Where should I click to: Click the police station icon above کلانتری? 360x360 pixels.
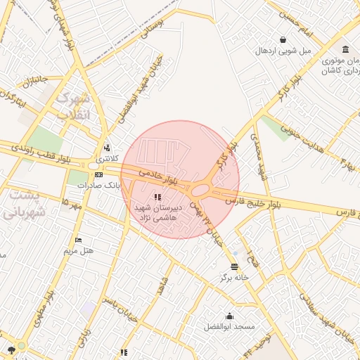[107, 148]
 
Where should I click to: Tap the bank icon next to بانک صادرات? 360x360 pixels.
[98, 174]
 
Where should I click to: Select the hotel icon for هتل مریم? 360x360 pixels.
[77, 240]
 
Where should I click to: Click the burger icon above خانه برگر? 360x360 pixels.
[234, 266]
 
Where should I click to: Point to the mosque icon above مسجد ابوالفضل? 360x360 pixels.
[229, 316]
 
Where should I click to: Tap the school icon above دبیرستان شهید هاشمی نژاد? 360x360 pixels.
[156, 196]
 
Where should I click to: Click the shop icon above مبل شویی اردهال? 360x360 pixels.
[283, 40]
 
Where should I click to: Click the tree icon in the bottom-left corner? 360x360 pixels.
[11, 348]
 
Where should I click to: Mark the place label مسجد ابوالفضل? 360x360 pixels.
[229, 327]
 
